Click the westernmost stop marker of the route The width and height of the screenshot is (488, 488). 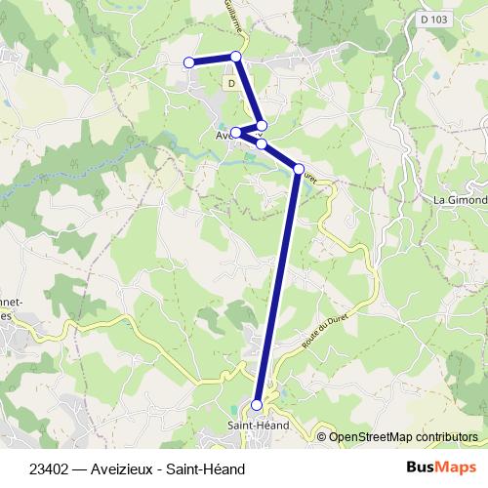coord(189,63)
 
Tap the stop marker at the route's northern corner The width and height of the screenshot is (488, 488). coord(236,57)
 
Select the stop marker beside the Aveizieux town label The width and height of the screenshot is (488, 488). coord(236,133)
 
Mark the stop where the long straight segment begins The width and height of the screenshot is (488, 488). coord(299,169)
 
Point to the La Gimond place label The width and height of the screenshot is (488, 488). coord(459,199)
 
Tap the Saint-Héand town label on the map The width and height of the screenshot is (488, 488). coord(256,425)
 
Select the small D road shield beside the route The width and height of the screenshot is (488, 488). coord(231,84)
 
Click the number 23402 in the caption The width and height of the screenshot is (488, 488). coord(49,468)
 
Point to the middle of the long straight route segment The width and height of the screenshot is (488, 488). coord(278,287)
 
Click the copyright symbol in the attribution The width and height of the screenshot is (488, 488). coord(323,436)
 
